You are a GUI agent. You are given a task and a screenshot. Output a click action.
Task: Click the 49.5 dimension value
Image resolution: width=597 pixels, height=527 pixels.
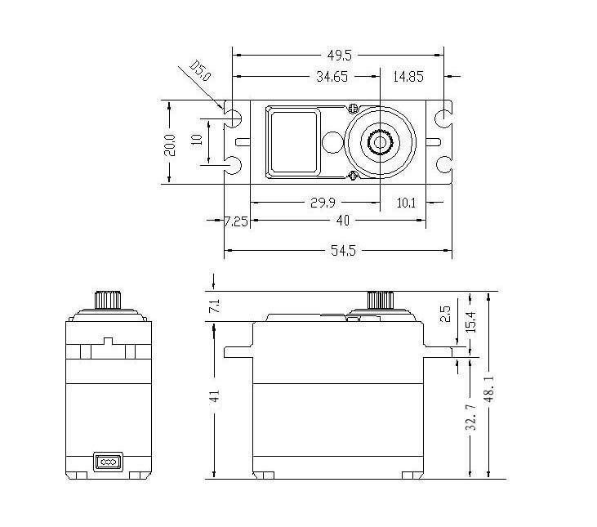click(340, 56)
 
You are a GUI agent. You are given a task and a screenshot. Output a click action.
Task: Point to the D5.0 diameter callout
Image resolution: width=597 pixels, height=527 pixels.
click(200, 71)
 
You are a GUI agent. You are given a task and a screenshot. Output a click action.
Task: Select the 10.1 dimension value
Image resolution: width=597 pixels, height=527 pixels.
click(406, 202)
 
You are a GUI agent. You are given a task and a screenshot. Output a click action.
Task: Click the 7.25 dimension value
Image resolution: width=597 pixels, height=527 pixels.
click(237, 221)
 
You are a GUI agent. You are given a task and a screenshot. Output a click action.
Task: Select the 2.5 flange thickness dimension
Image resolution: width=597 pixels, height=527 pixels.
click(444, 314)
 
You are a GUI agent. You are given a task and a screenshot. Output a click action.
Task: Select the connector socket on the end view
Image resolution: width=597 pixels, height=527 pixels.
click(108, 462)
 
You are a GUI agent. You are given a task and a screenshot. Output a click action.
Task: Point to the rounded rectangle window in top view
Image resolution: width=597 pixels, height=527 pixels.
click(293, 143)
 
